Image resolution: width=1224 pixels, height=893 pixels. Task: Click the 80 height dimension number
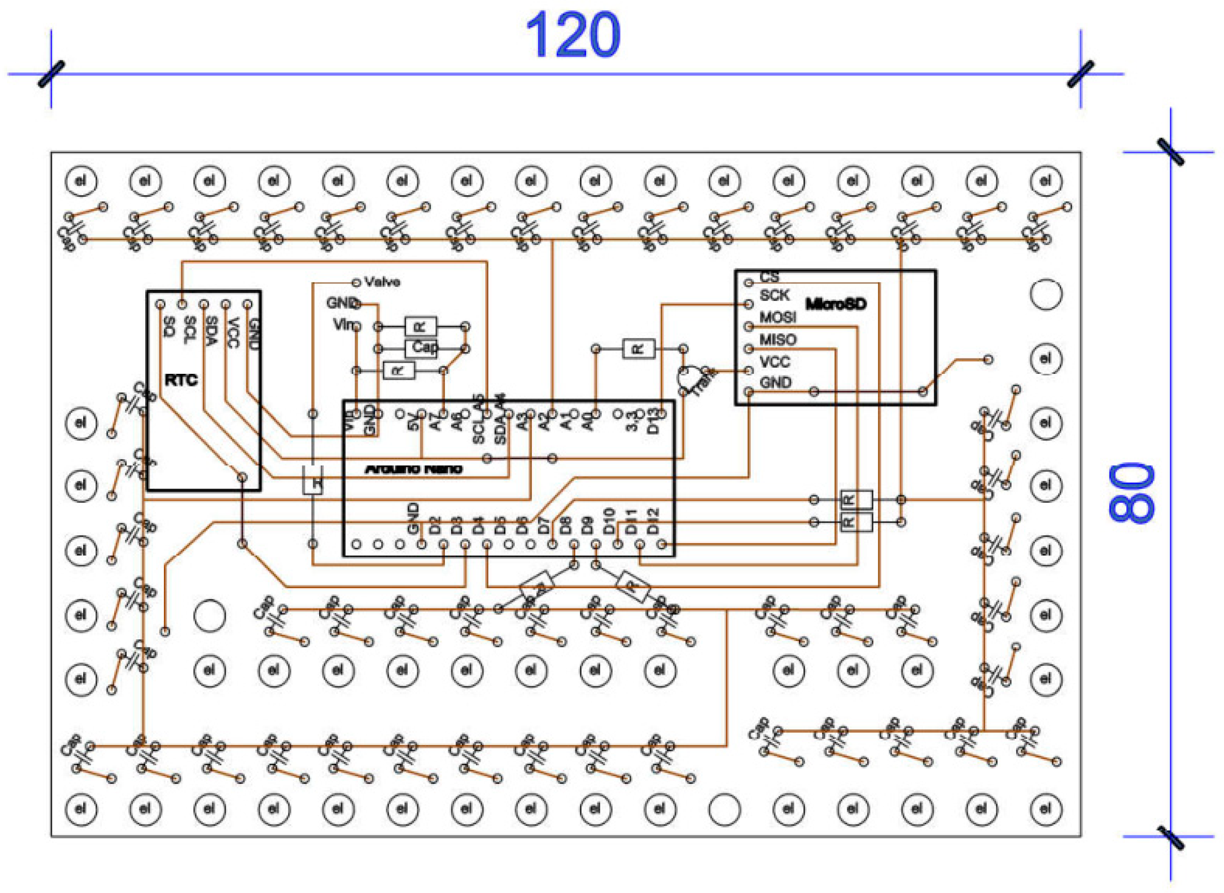click(1132, 492)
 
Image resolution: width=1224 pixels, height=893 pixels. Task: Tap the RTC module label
click(181, 380)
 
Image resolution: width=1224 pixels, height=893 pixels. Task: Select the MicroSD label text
click(835, 304)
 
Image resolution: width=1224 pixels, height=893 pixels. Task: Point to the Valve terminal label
click(382, 282)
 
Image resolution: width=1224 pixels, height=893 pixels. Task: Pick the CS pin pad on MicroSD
click(749, 283)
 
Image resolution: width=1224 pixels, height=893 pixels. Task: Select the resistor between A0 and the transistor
click(639, 349)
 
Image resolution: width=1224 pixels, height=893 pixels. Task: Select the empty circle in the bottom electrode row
click(724, 809)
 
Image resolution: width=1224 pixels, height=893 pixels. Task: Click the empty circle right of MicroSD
click(1046, 294)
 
